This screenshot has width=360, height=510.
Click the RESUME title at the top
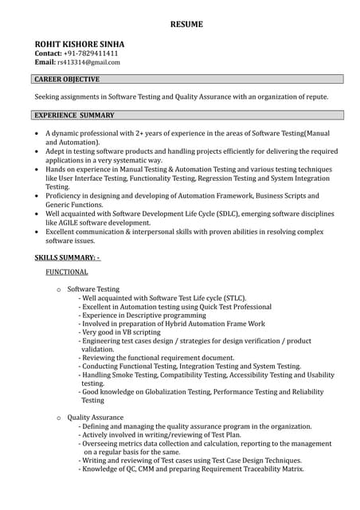coord(186,25)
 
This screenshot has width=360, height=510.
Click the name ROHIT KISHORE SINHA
coord(80,44)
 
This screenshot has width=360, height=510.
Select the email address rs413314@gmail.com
coord(88,62)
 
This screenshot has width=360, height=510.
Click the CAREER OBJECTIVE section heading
coord(67,80)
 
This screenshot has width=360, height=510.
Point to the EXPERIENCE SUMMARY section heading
coord(74,116)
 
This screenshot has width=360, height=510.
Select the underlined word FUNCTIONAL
coord(67,273)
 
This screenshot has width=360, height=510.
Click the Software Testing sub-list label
coord(93,289)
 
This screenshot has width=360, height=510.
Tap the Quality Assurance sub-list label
coord(96,418)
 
